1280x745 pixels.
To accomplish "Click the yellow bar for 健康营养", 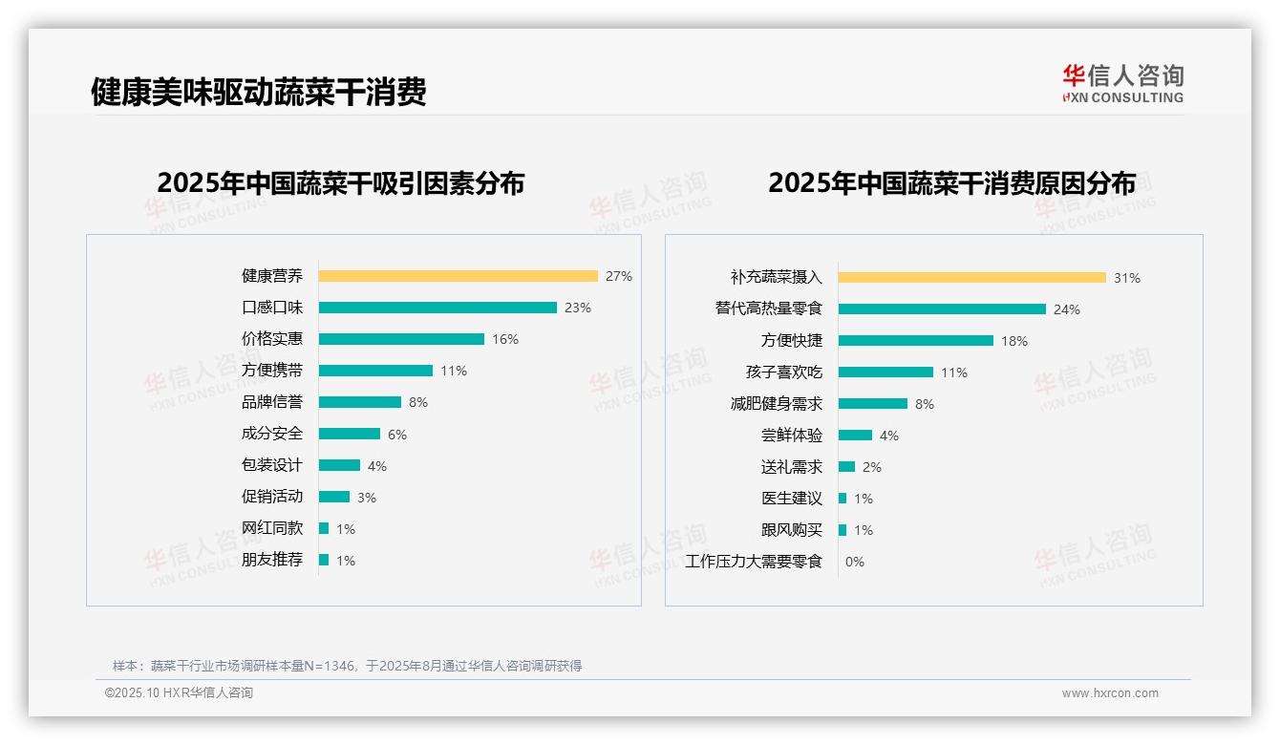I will click(458, 276).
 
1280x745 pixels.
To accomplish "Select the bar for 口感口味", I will click(437, 308).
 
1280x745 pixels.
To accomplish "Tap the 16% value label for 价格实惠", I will click(505, 339).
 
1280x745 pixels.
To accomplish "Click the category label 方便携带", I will click(272, 371).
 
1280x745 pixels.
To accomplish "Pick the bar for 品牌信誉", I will click(360, 402).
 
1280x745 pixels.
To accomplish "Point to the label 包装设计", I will click(272, 465).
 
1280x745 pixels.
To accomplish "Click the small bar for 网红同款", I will click(324, 528).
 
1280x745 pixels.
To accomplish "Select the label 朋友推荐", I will click(272, 560).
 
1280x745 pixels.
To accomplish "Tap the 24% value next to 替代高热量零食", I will click(1067, 309).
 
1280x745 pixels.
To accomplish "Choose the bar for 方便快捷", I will click(916, 341).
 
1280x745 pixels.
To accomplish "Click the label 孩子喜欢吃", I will click(784, 372).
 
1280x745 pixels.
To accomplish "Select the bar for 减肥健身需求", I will click(873, 404).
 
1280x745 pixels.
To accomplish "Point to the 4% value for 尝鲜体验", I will click(889, 436).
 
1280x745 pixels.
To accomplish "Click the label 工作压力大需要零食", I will click(754, 562).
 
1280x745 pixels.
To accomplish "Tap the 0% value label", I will click(855, 562).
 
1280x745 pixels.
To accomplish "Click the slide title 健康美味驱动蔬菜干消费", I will click(258, 92).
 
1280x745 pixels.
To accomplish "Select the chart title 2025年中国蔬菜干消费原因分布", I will click(951, 183).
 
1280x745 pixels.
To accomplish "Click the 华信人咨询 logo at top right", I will click(1122, 83).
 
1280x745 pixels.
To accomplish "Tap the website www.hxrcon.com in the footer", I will click(1110, 693).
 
